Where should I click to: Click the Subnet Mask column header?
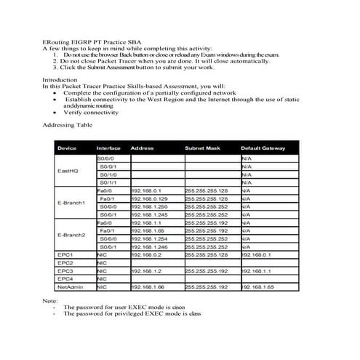tap(202, 148)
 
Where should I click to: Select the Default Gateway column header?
tap(263, 148)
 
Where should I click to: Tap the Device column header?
tap(67, 148)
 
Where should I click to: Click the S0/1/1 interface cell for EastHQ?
tap(108, 182)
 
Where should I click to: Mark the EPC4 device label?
tap(65, 279)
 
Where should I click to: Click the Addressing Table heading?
tap(65, 125)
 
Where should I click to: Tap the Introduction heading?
tap(60, 80)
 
